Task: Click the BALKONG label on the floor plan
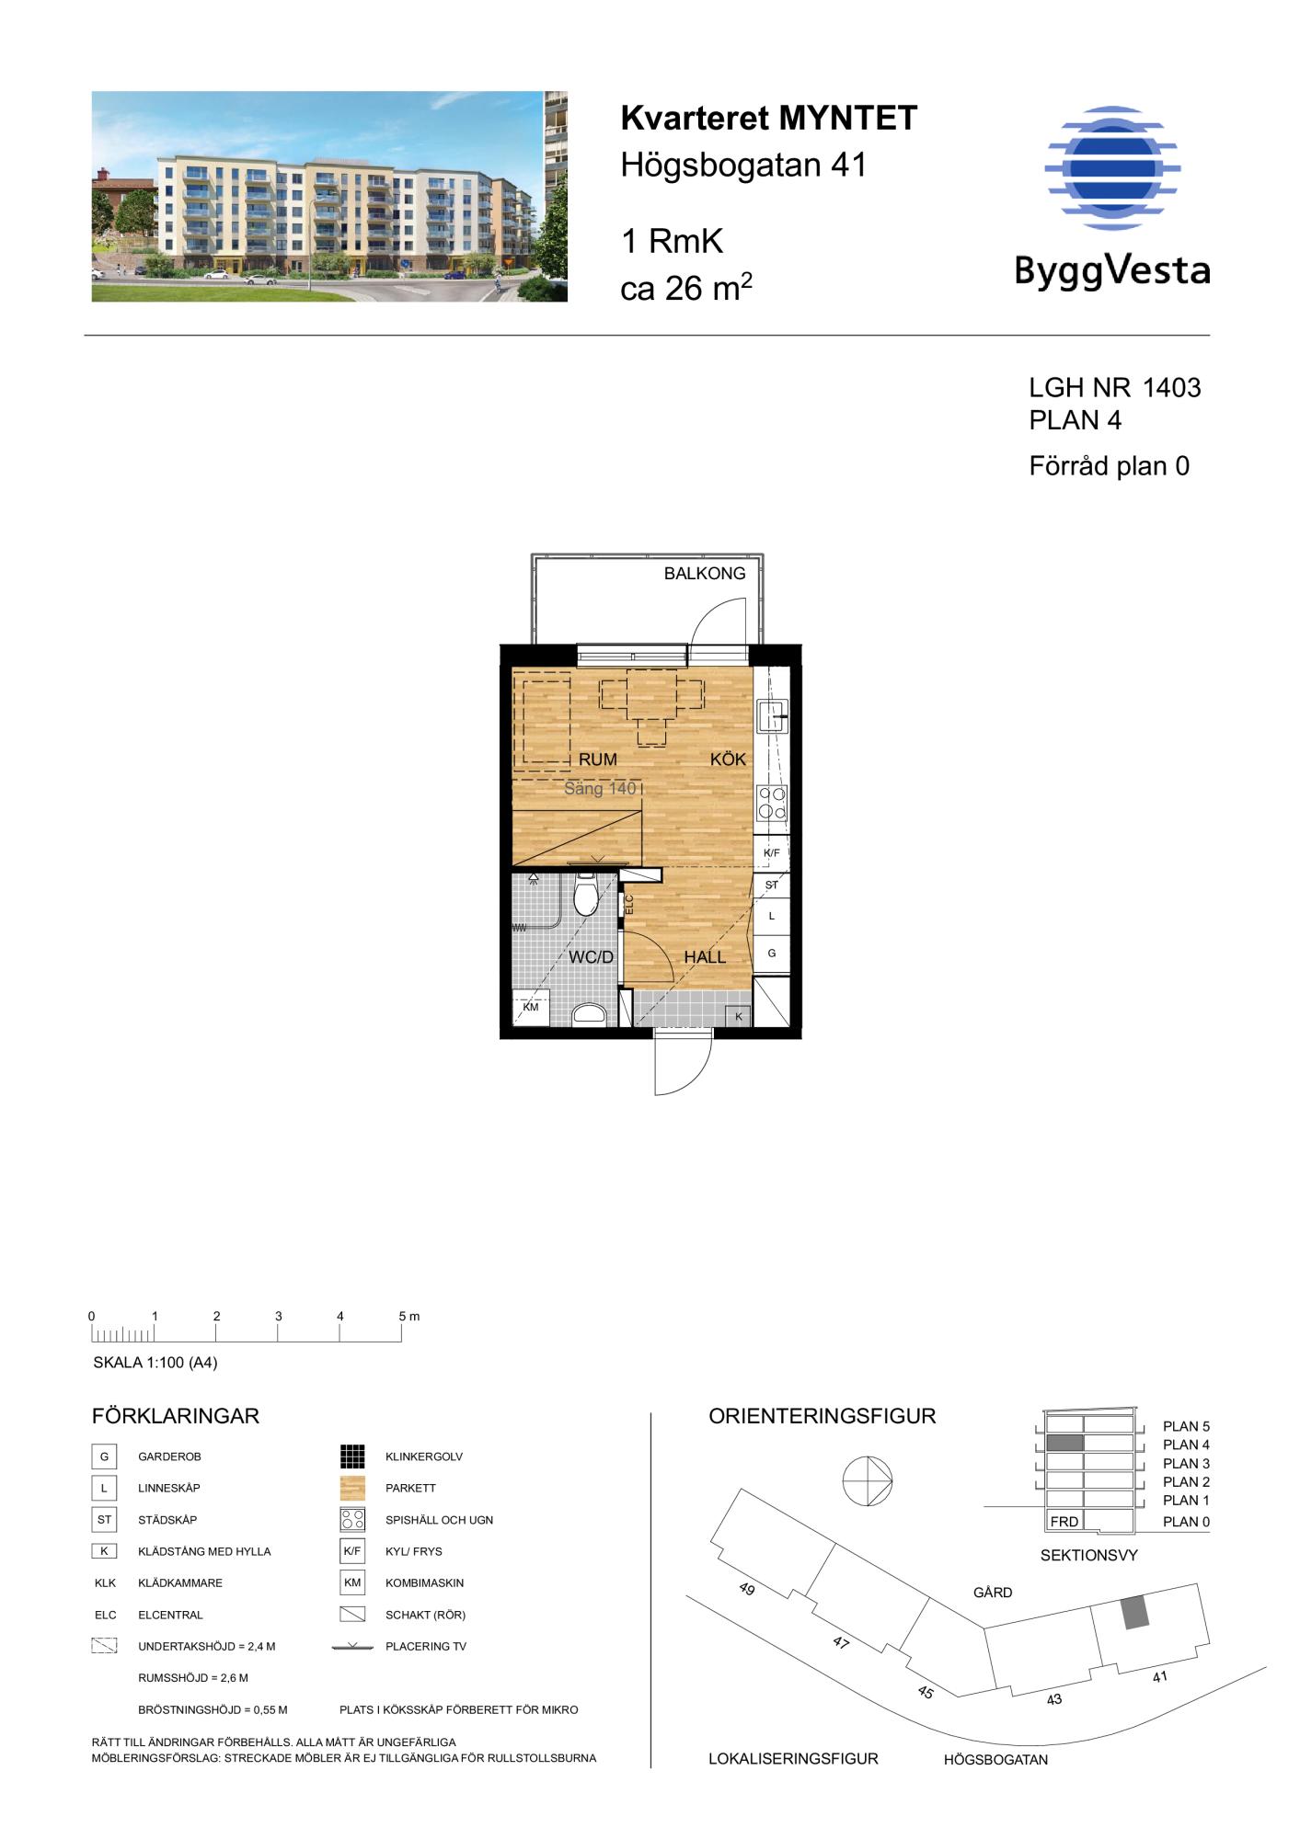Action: tap(705, 574)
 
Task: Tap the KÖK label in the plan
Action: tap(728, 760)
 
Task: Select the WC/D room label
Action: tap(591, 957)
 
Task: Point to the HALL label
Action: tap(705, 957)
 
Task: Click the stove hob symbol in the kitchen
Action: tap(772, 803)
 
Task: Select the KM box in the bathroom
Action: tap(531, 1008)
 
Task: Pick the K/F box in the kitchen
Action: tap(771, 852)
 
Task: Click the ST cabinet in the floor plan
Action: tap(771, 885)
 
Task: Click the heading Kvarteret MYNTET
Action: tap(769, 118)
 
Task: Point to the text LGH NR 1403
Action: tap(1115, 387)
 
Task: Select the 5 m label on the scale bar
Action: tap(408, 1316)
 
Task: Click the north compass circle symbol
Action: tap(867, 1481)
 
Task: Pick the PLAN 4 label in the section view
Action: tap(1186, 1445)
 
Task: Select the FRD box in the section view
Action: tap(1064, 1521)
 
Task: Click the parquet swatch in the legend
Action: tap(352, 1488)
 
